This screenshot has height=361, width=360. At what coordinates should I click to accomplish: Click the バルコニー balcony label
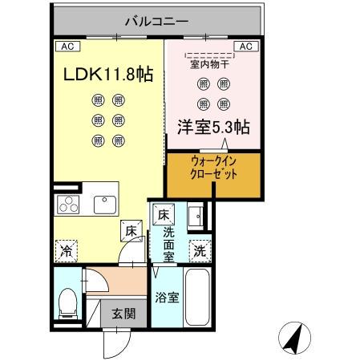tap(156, 19)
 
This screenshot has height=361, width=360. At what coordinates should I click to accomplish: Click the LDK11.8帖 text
tap(108, 75)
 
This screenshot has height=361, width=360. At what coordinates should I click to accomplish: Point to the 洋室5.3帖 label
tap(212, 127)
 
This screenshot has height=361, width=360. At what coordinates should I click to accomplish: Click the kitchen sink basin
tap(104, 204)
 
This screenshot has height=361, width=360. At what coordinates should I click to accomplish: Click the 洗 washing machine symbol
tap(198, 249)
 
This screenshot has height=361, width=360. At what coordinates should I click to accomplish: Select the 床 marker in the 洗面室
tap(163, 214)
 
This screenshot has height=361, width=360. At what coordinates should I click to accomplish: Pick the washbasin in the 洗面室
tap(195, 216)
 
